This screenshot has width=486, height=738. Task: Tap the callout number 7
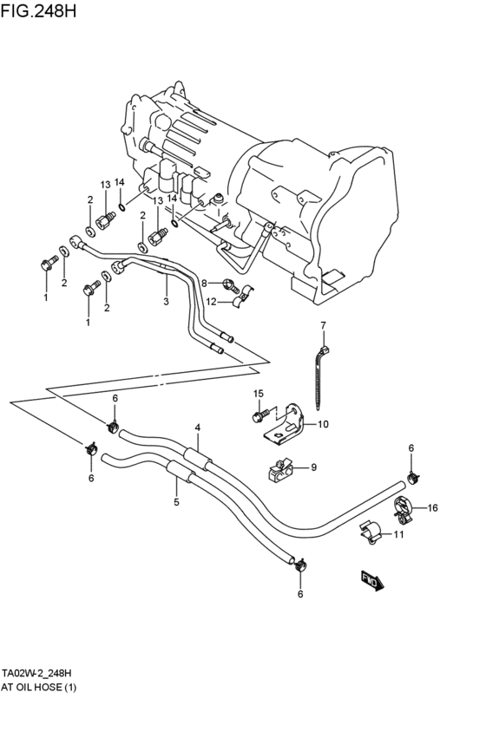click(x=323, y=326)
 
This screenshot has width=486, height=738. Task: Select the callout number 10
click(x=323, y=424)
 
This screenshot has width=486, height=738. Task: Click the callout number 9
click(x=313, y=467)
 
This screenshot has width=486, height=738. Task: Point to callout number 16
click(x=433, y=508)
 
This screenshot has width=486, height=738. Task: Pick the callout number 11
click(x=399, y=534)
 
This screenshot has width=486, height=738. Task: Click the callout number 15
click(x=258, y=395)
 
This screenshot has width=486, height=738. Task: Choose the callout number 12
click(x=211, y=302)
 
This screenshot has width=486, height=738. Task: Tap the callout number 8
click(x=205, y=282)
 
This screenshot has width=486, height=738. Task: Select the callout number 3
click(x=166, y=302)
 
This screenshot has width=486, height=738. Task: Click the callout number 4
click(x=198, y=428)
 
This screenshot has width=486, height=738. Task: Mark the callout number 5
click(x=176, y=502)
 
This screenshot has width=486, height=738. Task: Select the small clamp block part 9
click(x=279, y=470)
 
